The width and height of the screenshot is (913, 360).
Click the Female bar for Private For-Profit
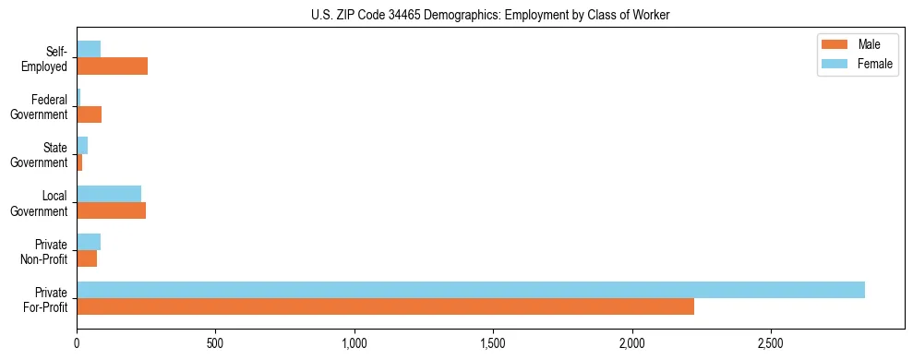click(x=471, y=290)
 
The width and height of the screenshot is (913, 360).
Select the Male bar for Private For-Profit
click(x=385, y=306)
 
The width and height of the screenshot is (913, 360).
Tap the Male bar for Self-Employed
click(x=112, y=66)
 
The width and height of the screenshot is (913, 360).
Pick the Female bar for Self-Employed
click(x=89, y=49)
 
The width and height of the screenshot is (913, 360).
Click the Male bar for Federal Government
click(x=89, y=114)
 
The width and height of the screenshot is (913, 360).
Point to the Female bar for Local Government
click(x=109, y=193)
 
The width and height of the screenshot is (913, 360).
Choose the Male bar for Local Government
click(x=111, y=210)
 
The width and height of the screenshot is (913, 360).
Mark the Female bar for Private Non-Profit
click(x=89, y=241)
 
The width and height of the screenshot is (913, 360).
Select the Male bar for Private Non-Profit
click(x=87, y=258)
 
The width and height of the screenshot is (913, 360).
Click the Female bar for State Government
click(x=82, y=145)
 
